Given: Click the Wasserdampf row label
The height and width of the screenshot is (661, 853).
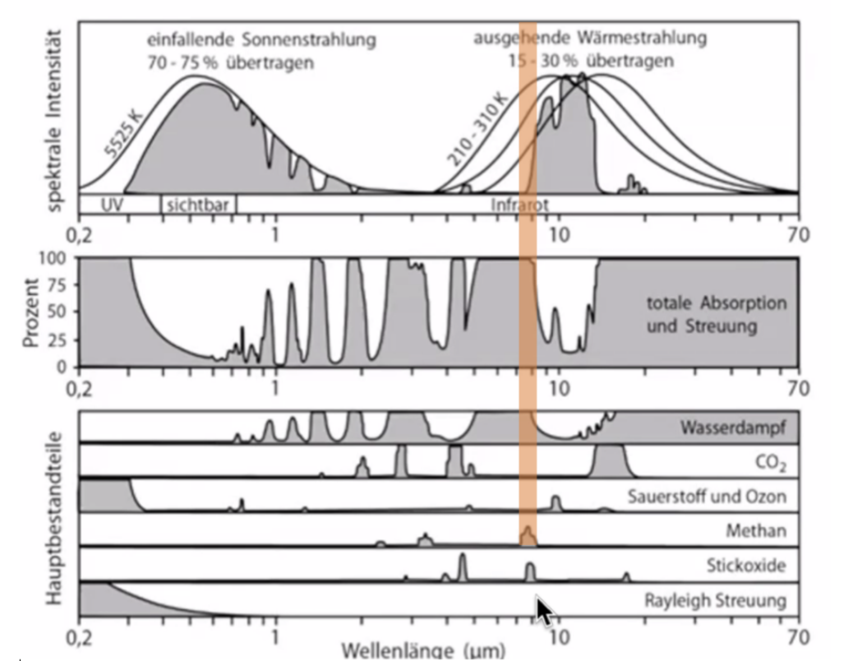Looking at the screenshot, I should [733, 428].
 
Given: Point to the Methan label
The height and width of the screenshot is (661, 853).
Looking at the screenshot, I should [755, 531].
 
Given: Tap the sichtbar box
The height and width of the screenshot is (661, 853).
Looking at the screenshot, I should [197, 204].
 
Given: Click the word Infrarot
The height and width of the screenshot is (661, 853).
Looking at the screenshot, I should [519, 204].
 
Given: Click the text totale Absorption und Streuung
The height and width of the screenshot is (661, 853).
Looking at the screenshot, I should [716, 315].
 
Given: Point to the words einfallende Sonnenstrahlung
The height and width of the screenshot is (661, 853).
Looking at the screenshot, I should [261, 39].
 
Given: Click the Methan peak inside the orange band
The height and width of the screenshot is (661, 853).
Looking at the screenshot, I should [528, 536].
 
